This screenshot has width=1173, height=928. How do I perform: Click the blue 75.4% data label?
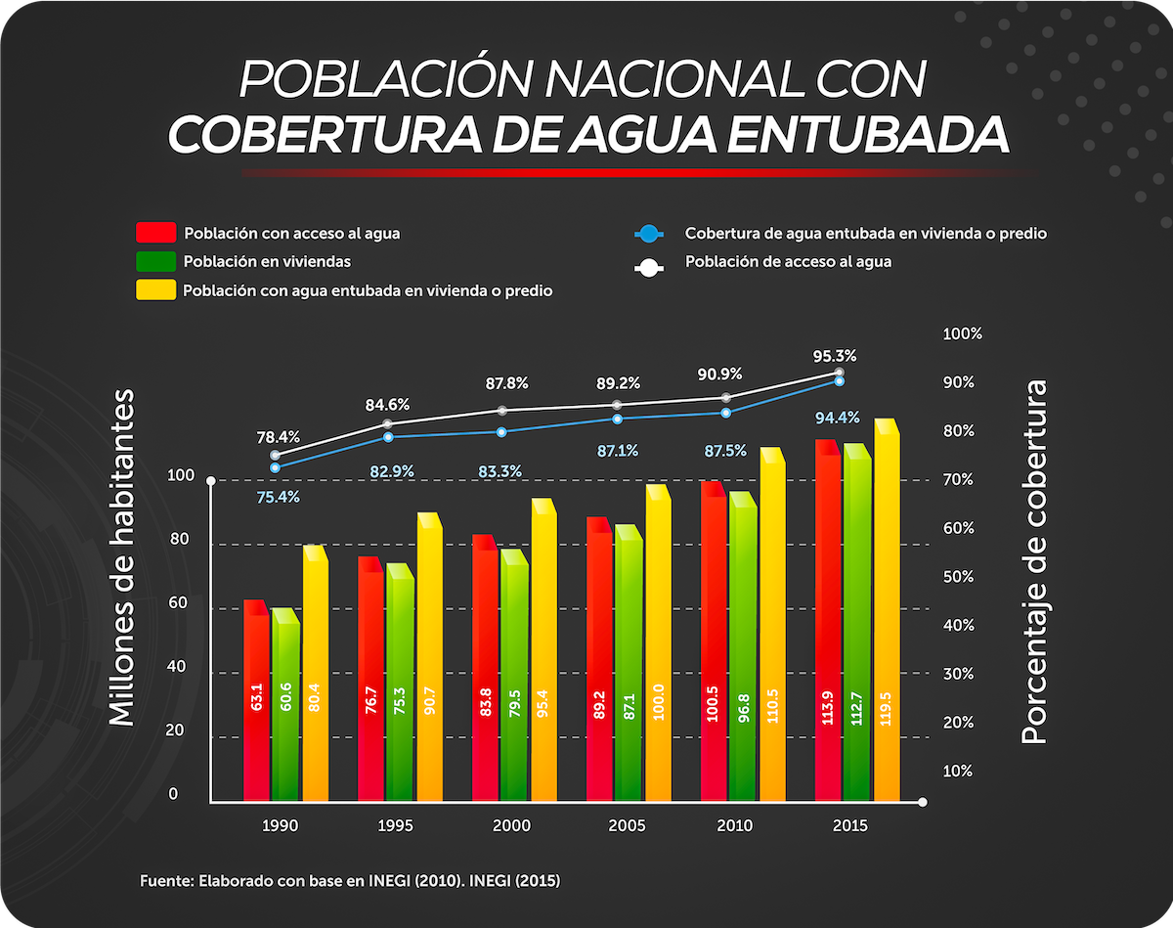pyautogui.click(x=279, y=497)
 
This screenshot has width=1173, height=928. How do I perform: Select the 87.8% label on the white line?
pyautogui.click(x=506, y=383)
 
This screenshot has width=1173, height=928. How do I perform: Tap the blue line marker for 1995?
pyautogui.click(x=388, y=437)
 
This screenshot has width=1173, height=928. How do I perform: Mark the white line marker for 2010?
pyautogui.click(x=726, y=398)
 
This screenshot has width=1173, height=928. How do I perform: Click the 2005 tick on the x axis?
pyautogui.click(x=627, y=825)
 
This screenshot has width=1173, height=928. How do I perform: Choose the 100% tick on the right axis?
pyautogui.click(x=962, y=333)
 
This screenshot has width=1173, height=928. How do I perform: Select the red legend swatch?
pyautogui.click(x=156, y=233)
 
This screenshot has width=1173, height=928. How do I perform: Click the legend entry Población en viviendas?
pyautogui.click(x=266, y=261)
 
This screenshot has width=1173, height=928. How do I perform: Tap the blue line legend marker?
pyautogui.click(x=648, y=234)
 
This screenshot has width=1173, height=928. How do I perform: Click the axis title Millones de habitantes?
pyautogui.click(x=120, y=556)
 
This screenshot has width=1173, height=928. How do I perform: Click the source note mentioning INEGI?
pyautogui.click(x=350, y=880)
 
